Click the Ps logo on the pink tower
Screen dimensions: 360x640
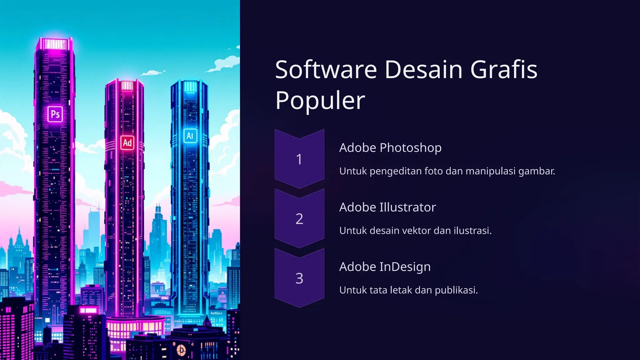pos(55,114)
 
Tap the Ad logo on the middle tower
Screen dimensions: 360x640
pos(127,143)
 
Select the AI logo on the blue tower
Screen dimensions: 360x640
pos(190,136)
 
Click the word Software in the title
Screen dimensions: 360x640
pos(326,69)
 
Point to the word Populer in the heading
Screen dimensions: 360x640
pos(320,100)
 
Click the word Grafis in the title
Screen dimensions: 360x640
pos(504,69)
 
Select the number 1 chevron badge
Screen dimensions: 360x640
pos(299,159)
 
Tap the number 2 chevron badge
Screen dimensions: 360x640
pos(299,219)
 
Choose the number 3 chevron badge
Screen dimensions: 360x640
pos(299,278)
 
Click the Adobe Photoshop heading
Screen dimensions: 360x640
pos(390,147)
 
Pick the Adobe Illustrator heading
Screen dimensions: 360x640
pos(387,207)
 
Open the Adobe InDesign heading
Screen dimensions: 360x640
pos(385,267)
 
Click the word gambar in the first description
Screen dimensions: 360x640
pos(536,171)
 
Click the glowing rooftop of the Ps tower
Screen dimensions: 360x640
pos(55,44)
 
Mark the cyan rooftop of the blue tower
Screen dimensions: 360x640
pos(190,86)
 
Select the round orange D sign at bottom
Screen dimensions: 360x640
pos(181,350)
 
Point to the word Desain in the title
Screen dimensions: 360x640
pos(423,69)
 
